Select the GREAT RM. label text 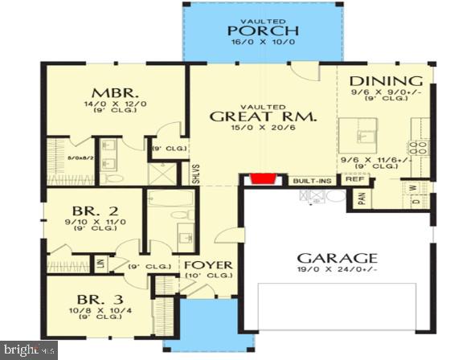(x=263, y=117)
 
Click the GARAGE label (x=338, y=258)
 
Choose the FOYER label (x=208, y=265)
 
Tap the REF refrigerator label (x=354, y=180)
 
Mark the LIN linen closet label (x=100, y=263)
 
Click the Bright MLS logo (x=30, y=350)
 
